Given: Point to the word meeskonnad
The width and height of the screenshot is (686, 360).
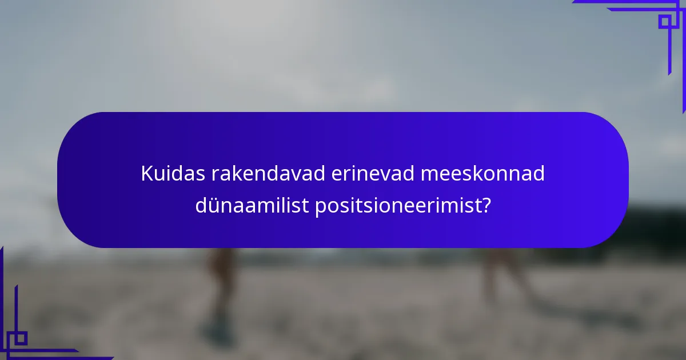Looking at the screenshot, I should click(482, 174).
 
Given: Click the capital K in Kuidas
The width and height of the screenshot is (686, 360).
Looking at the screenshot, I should click(147, 174).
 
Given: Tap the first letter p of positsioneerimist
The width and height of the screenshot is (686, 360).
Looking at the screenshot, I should click(320, 207).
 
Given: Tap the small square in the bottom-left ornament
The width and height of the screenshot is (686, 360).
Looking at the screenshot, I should click(21, 338).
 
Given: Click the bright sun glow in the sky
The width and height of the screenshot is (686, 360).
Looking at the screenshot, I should click(240, 23).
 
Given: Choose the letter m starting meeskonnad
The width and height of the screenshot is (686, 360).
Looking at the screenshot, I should click(429, 174).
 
